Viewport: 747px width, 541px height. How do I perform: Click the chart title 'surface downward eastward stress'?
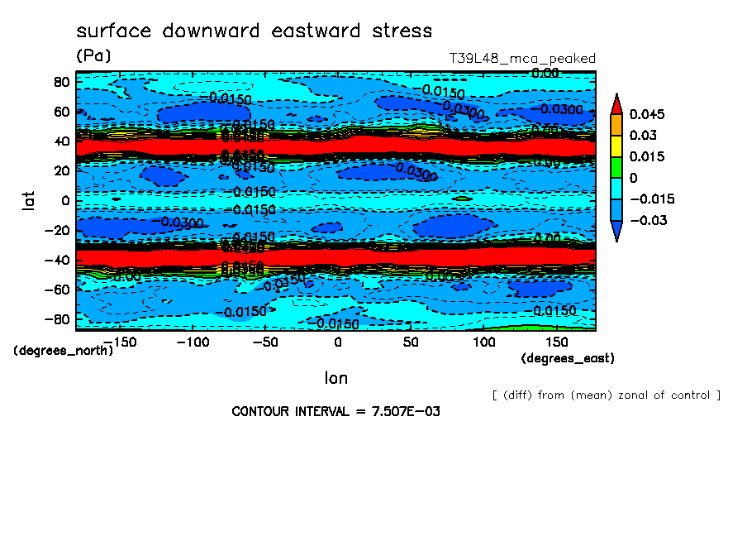point(254,31)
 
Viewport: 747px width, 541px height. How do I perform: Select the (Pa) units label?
point(93,56)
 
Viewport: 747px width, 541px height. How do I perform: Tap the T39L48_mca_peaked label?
point(521,59)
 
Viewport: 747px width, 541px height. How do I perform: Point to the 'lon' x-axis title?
point(335,378)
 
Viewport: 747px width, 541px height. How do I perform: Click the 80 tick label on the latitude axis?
point(60,82)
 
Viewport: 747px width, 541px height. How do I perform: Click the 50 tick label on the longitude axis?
point(411,342)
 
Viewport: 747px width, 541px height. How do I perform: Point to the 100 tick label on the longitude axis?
point(484,342)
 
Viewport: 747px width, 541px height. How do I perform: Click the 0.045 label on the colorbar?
point(647,114)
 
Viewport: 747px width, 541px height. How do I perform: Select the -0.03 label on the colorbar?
point(647,220)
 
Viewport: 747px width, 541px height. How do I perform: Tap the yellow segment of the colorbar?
point(616,146)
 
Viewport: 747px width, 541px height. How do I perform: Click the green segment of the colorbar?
point(616,167)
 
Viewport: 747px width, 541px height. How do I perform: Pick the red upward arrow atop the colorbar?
point(616,103)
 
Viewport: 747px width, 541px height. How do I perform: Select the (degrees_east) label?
point(568,358)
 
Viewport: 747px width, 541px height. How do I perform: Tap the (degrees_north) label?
point(64,350)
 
